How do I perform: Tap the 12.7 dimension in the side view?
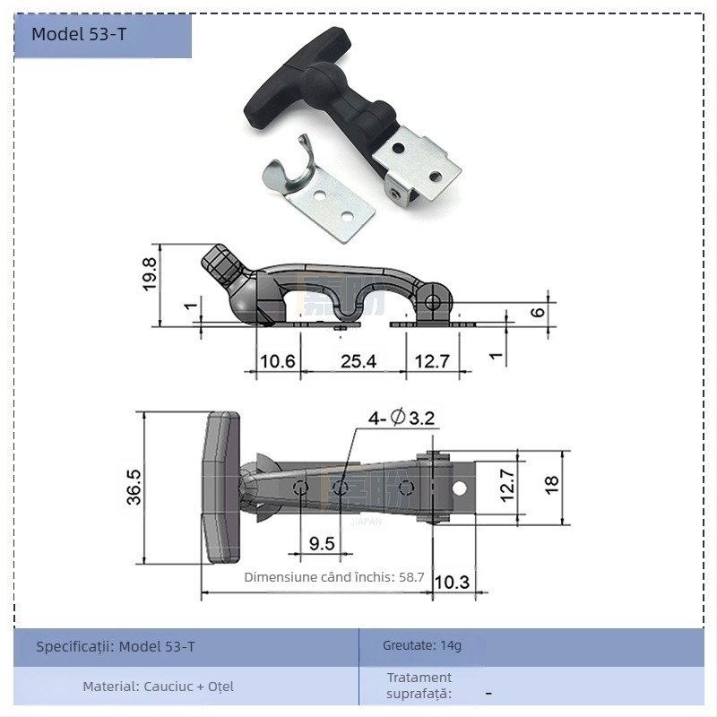click(x=431, y=361)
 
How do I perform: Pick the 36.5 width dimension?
click(x=134, y=488)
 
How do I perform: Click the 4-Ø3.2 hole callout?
click(x=402, y=418)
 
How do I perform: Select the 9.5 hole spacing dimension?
click(x=322, y=543)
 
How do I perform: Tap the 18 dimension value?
click(x=551, y=484)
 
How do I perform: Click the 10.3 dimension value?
click(x=451, y=582)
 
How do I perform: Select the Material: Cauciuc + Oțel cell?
click(x=159, y=687)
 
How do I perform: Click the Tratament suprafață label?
click(x=419, y=686)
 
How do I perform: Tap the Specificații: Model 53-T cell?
click(x=116, y=646)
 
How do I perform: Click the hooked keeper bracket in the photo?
click(x=318, y=190)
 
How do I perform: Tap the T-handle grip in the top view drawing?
click(x=221, y=487)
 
